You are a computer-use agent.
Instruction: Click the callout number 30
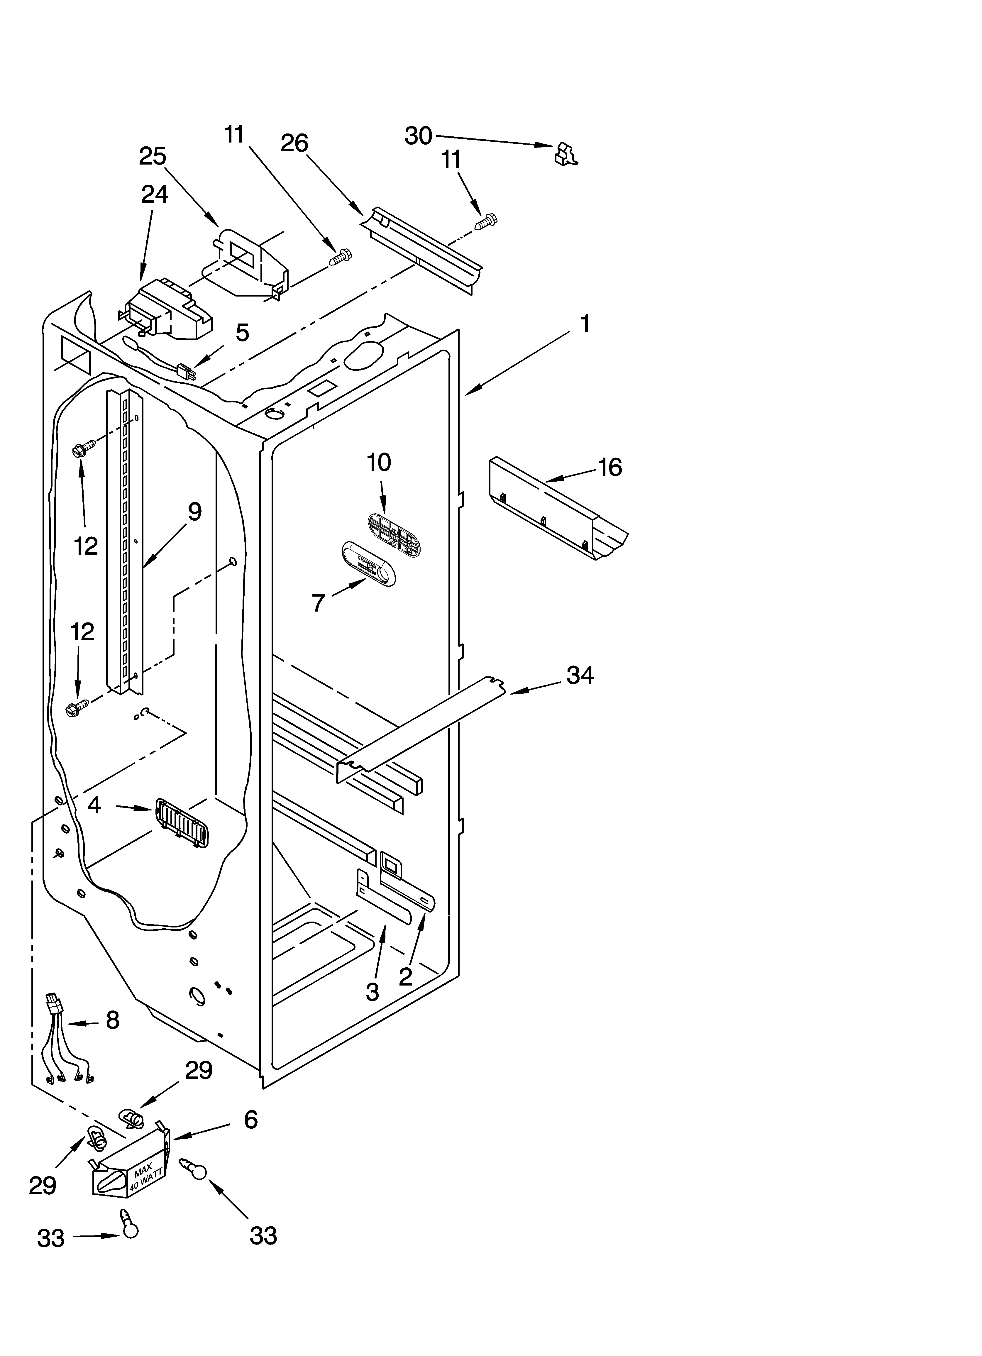[x=418, y=136]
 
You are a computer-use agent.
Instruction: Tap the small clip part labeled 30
[x=565, y=153]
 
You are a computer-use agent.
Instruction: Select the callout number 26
[x=294, y=143]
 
